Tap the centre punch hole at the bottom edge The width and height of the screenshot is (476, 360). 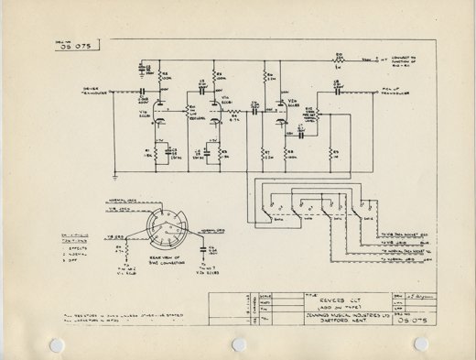(239, 344)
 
